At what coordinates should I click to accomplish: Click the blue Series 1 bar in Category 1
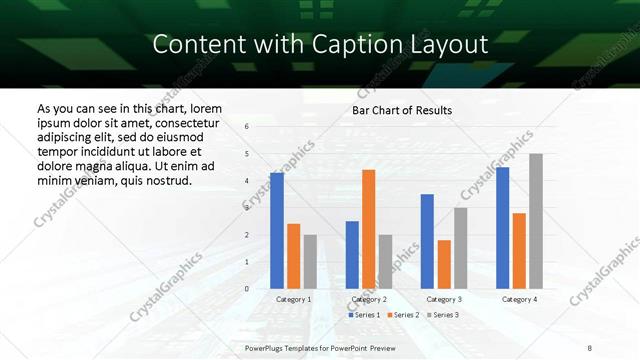coord(277,231)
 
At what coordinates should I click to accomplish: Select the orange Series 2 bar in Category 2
coord(369,229)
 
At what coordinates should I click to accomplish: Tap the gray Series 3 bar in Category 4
coord(536,221)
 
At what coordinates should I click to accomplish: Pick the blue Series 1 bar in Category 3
coord(427,241)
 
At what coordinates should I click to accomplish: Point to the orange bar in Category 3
coord(444,264)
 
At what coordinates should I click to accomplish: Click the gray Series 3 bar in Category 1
coord(310,261)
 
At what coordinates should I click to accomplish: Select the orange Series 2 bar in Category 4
coord(519,250)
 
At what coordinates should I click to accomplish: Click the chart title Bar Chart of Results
coord(402,110)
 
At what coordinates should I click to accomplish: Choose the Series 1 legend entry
coord(364,315)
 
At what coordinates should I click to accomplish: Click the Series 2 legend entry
coord(403,315)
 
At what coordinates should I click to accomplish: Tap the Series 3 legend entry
coord(443,315)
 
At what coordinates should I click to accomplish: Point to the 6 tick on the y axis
coord(246,127)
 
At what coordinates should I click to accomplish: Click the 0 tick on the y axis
coord(246,289)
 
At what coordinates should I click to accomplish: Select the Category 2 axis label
coord(369,300)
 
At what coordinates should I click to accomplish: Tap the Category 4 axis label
coord(519,300)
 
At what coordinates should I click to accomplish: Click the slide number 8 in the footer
coord(590,347)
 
